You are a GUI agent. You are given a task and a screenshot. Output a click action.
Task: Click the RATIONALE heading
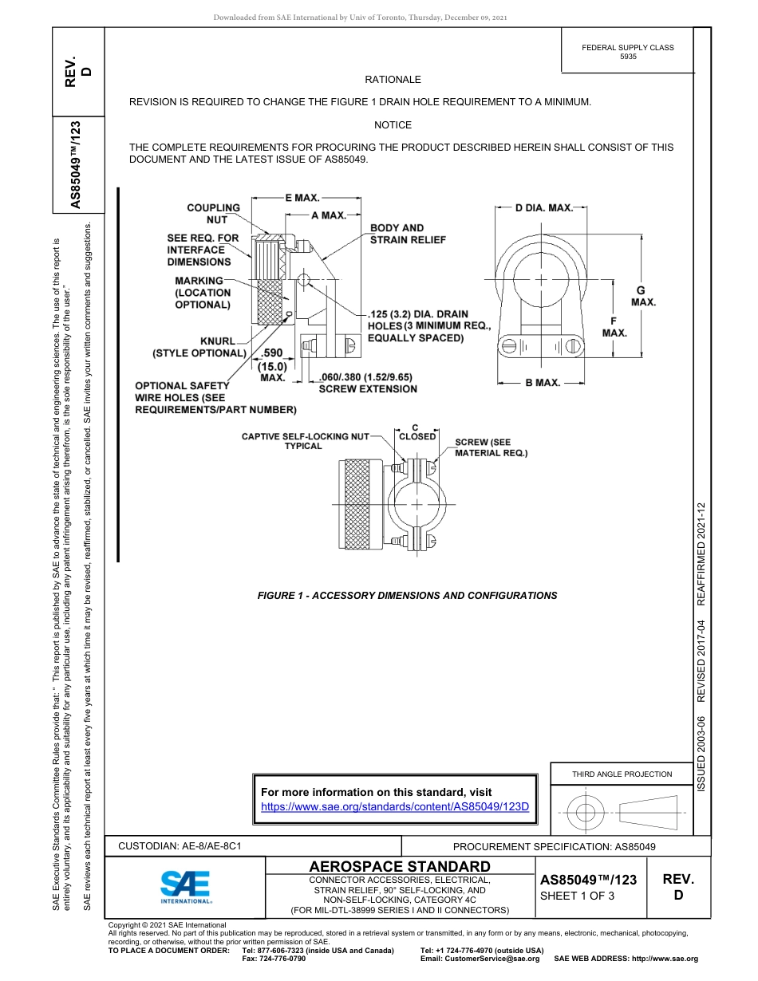tap(393, 80)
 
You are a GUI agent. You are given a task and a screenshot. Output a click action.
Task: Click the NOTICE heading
tap(393, 125)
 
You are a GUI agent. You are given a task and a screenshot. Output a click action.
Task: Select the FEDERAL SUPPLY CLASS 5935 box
tap(627, 52)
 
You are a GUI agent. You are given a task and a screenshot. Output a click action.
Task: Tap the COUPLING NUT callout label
tap(213, 214)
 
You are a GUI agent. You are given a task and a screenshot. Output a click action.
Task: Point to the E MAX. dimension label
tap(302, 196)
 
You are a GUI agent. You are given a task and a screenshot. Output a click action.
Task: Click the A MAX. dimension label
tap(328, 215)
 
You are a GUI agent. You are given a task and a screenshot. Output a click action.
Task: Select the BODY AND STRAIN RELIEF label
tap(408, 234)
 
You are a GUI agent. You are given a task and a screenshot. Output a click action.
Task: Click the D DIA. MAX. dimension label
tap(543, 208)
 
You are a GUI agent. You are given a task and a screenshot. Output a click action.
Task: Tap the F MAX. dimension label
tap(614, 325)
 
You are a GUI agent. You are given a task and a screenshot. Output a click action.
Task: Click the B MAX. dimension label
tap(542, 383)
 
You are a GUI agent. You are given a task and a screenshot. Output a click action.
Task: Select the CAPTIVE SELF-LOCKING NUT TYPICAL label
tap(306, 441)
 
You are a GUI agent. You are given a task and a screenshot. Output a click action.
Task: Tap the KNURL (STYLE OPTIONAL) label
tap(199, 347)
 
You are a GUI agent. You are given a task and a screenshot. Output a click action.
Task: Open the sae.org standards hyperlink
tap(395, 806)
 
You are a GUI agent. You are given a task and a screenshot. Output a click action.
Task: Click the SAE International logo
tap(185, 886)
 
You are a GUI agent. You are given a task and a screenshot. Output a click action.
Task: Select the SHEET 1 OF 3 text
tap(577, 895)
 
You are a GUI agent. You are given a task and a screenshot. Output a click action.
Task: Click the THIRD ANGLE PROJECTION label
tap(622, 774)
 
